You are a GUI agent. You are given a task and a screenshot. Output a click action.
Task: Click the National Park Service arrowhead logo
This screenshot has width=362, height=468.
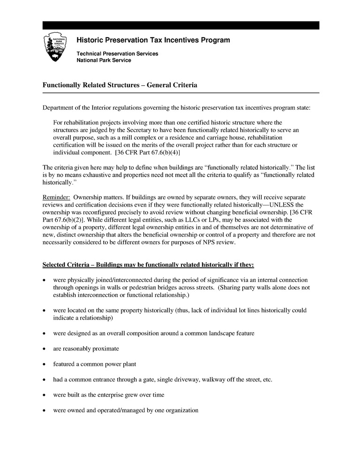tap(55, 47)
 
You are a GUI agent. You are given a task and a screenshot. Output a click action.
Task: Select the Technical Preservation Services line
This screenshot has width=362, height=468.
tap(117, 54)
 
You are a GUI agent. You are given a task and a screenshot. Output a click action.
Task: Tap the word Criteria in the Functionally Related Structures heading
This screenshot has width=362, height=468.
tap(183, 85)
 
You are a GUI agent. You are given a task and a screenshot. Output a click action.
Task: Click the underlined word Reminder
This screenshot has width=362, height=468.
tap(56, 197)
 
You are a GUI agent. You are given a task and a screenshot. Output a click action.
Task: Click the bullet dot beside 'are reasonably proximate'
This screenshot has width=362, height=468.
tap(44, 349)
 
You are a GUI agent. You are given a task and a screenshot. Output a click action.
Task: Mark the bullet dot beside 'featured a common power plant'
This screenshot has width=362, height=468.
tap(44, 364)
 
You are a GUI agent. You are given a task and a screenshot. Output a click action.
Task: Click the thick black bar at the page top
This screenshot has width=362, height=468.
tap(181, 25)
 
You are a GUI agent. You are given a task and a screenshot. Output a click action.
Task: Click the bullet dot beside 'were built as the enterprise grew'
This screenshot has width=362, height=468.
tap(44, 395)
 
